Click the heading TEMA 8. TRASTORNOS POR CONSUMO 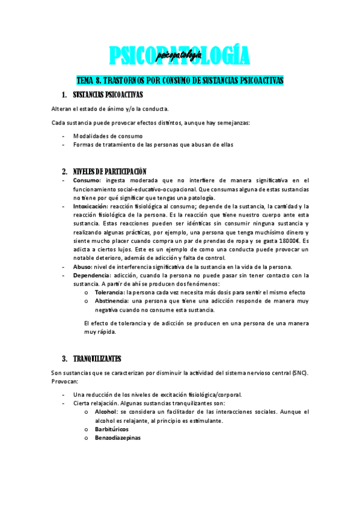[x=180, y=81]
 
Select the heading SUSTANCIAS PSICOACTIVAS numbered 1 [x=108, y=95]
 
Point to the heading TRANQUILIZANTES [x=97, y=359]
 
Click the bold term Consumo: [x=87, y=180]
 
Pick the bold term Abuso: [x=83, y=267]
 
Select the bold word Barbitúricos [x=111, y=429]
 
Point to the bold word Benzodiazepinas [x=117, y=438]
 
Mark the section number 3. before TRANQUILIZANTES [x=65, y=359]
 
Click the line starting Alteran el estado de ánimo [x=109, y=108]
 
